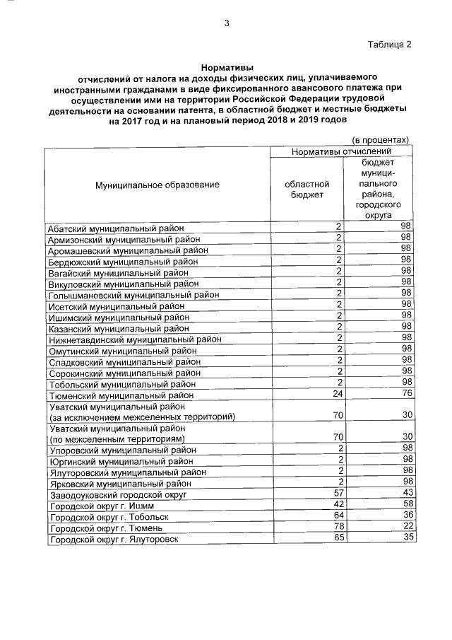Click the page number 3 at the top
pyautogui.click(x=227, y=23)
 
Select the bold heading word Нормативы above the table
pyautogui.click(x=226, y=66)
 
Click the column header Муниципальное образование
pyautogui.click(x=157, y=185)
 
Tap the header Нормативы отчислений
pyautogui.click(x=341, y=151)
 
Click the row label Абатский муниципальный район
pyautogui.click(x=116, y=228)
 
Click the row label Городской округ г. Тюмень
pyautogui.click(x=107, y=528)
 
